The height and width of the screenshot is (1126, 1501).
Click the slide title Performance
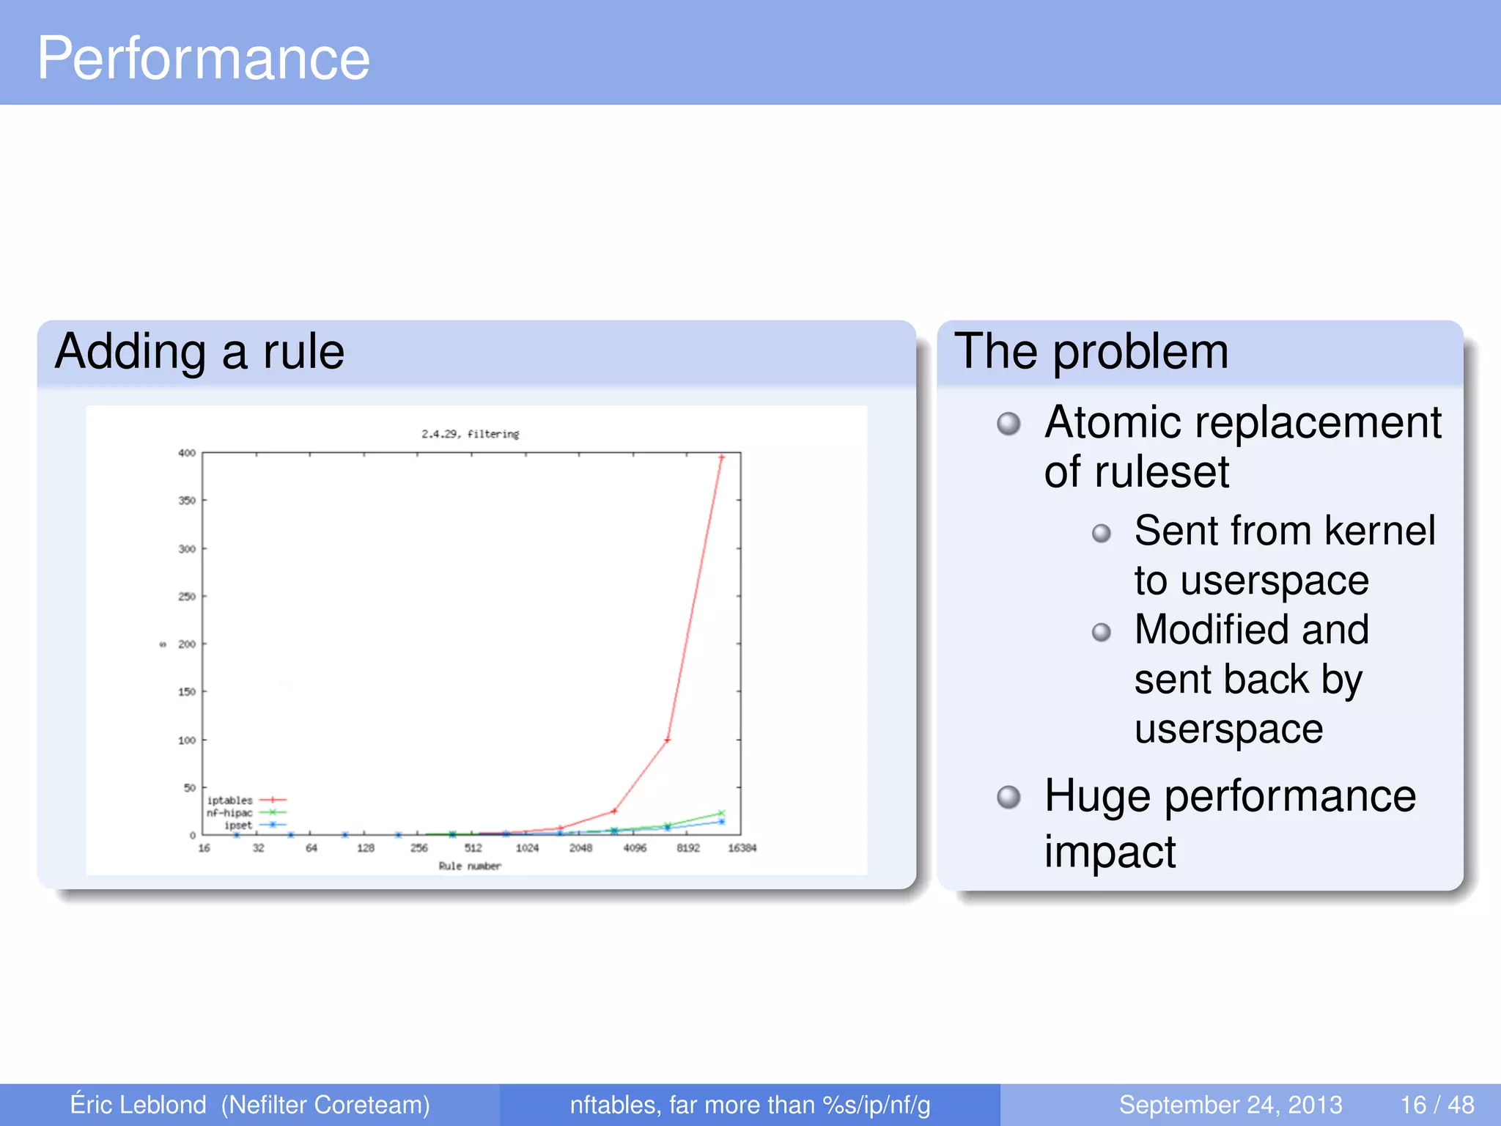tap(204, 59)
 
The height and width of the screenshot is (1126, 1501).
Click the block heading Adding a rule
tap(199, 351)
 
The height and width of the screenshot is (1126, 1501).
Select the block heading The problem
tap(1091, 351)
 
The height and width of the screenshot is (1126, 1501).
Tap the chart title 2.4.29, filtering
tap(470, 434)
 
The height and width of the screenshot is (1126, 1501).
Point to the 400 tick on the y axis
tap(187, 453)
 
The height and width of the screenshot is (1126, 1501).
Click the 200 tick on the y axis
tap(187, 644)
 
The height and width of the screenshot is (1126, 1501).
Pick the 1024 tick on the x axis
tap(527, 848)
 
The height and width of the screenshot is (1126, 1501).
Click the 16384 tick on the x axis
tap(742, 848)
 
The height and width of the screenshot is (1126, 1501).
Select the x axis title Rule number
tap(470, 866)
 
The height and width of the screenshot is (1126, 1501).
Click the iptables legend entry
tap(229, 801)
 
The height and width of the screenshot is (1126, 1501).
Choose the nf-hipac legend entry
tap(229, 813)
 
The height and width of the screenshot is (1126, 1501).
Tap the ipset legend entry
tap(238, 825)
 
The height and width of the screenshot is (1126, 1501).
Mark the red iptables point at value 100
tap(667, 740)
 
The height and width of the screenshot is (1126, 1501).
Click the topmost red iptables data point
tap(721, 457)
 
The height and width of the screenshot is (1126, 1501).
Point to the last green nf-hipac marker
tap(721, 813)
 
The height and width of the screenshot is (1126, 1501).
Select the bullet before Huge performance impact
tap(1008, 797)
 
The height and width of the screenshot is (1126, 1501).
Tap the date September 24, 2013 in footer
tap(1230, 1105)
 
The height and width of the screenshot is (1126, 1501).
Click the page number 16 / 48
tap(1437, 1105)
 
